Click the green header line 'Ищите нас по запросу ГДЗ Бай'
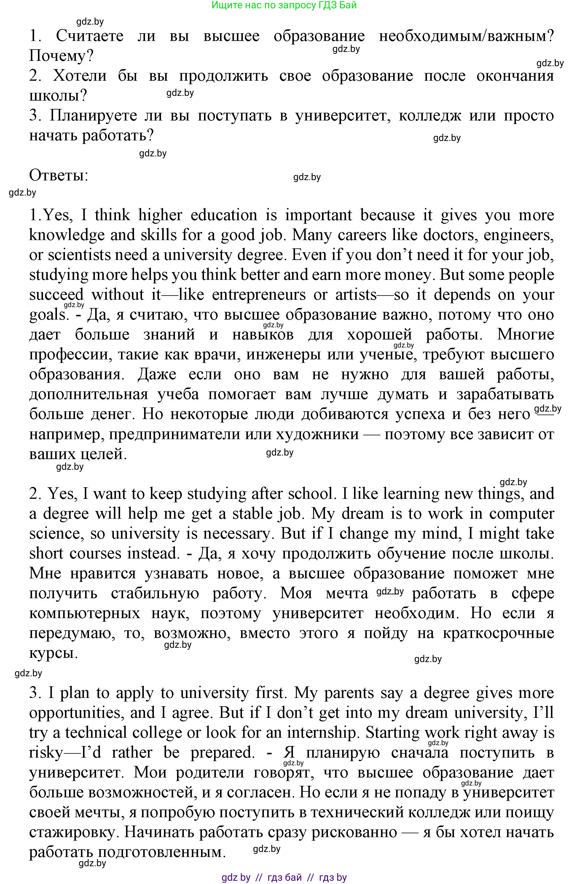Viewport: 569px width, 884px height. [x=284, y=5]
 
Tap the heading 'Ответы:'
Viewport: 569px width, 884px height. [x=59, y=175]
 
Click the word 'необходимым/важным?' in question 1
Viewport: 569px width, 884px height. [x=466, y=36]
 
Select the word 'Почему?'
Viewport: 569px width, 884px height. [x=61, y=56]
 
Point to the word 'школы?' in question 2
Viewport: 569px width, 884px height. [x=58, y=96]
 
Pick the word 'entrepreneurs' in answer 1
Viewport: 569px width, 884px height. [x=259, y=295]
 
